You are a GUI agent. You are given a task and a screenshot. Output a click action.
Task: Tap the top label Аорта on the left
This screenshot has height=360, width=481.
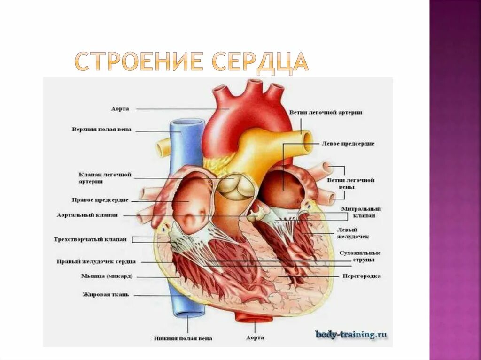(120, 108)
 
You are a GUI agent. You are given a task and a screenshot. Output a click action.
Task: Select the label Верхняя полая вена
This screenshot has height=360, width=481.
(101, 129)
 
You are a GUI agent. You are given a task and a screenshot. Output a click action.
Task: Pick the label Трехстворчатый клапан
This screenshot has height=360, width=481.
(90, 239)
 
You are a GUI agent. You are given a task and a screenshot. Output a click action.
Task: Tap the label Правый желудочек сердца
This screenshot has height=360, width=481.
(96, 261)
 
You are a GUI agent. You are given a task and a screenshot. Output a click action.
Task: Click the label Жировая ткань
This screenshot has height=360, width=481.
(106, 295)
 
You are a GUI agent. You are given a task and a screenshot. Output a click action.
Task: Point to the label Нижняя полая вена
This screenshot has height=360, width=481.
(183, 338)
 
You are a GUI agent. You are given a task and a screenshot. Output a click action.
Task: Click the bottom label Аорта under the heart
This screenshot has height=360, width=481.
(255, 337)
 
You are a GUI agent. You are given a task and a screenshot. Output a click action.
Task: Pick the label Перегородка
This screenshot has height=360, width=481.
(362, 276)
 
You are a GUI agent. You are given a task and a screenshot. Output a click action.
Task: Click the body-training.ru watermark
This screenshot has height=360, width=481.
(351, 334)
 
